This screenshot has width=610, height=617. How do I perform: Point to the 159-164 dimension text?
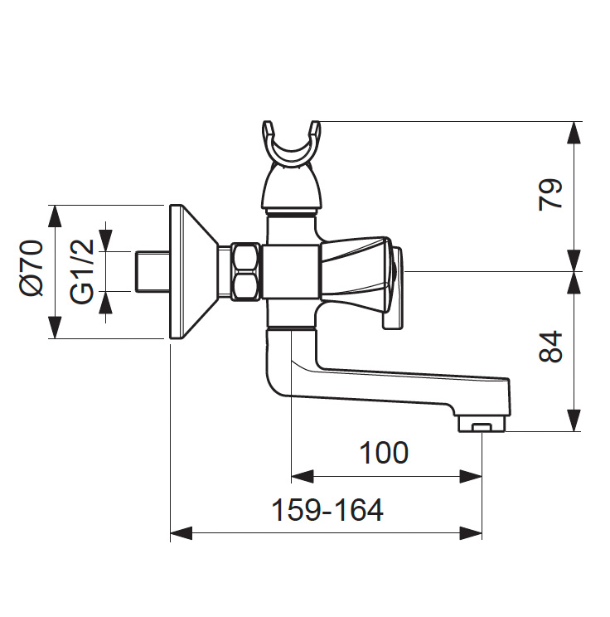tap(327, 510)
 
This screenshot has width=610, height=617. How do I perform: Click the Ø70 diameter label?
tap(32, 267)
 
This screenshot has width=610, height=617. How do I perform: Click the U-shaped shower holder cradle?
tap(291, 148)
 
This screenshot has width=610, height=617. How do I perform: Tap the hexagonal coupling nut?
tap(244, 271)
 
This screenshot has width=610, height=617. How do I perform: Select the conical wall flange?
tap(196, 271)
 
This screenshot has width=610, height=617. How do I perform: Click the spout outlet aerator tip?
tap(482, 426)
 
